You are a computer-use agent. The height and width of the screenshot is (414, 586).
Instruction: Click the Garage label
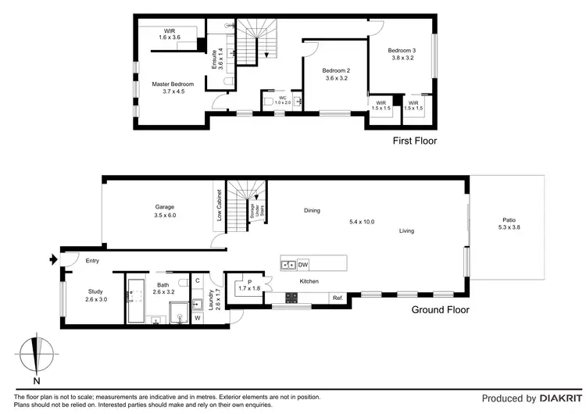163,207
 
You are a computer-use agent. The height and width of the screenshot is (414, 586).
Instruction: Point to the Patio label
508,219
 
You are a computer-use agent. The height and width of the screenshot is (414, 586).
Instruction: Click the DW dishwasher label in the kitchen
302,265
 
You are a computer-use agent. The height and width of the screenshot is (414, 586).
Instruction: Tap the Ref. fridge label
338,298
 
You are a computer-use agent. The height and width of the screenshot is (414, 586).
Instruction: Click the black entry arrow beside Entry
53,259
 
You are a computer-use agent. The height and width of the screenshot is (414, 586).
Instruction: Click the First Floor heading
414,141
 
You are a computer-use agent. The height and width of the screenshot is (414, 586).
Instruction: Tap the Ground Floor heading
441,310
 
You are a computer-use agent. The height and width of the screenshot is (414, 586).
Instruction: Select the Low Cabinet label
220,204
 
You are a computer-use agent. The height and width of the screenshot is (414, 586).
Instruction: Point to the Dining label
312,210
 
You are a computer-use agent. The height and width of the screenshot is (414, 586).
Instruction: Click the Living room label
406,230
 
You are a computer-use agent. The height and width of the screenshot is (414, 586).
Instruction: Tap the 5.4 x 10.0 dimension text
362,222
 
